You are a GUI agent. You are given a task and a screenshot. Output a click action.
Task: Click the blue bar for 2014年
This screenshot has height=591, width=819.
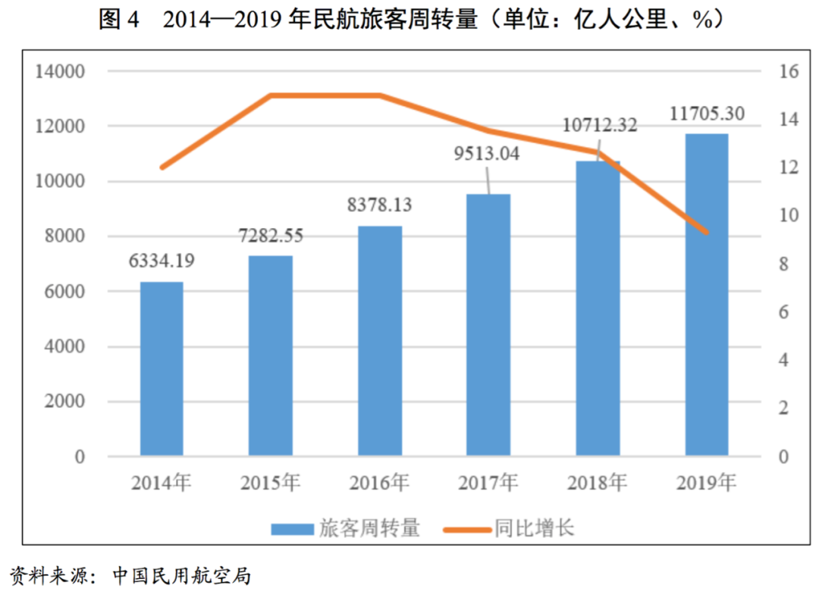click(162, 369)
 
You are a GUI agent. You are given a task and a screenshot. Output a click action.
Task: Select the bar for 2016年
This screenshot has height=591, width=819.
click(380, 341)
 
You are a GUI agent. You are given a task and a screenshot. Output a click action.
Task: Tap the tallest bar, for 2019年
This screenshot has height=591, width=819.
click(707, 295)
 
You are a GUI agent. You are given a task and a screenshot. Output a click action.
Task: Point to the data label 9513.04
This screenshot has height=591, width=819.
click(486, 154)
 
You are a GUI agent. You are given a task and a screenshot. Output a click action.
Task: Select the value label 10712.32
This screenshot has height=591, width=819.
click(600, 125)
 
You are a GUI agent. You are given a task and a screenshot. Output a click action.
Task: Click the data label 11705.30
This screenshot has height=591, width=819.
click(707, 114)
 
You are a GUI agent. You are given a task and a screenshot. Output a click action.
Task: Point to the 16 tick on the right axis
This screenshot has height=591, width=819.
click(789, 72)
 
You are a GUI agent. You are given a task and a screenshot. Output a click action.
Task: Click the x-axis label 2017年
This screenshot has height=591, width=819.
click(488, 483)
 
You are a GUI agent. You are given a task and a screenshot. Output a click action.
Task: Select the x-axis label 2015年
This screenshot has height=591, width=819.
click(270, 483)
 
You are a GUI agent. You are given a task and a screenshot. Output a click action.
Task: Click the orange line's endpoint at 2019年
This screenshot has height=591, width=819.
click(707, 232)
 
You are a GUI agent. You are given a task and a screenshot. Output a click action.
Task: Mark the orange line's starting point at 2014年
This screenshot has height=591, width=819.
click(162, 167)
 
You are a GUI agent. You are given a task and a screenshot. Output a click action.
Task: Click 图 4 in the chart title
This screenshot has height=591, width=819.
click(120, 20)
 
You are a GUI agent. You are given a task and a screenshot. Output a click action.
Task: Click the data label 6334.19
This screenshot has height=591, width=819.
click(162, 261)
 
